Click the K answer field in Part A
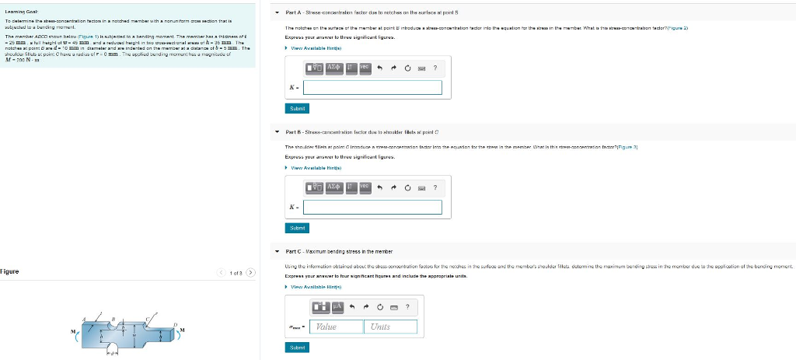[372, 87]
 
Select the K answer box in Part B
[372, 207]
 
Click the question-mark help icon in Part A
[435, 68]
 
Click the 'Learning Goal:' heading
[17, 8]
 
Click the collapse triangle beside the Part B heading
[278, 133]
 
